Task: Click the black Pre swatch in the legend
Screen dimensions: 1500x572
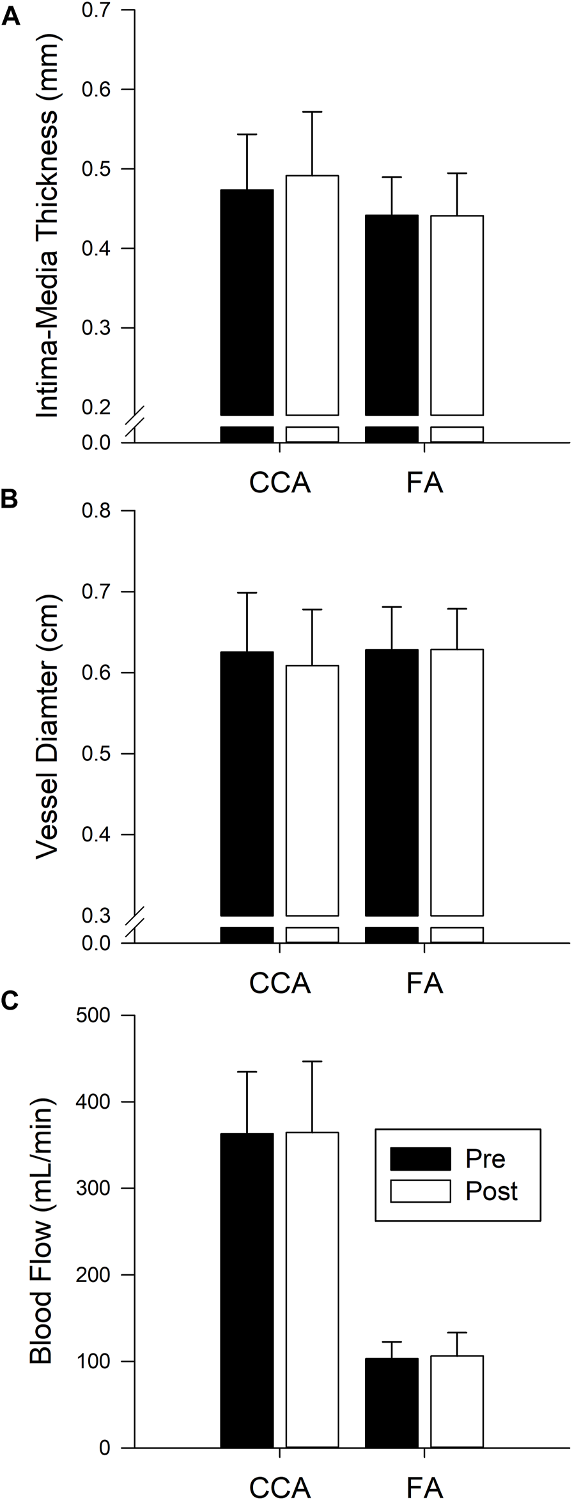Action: pos(420,1158)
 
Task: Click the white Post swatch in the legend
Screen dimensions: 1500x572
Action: pos(420,1191)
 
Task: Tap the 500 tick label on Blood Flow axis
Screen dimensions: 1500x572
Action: pos(95,1015)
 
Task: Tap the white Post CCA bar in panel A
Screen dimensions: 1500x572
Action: pos(312,294)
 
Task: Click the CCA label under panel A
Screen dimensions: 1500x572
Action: pos(280,483)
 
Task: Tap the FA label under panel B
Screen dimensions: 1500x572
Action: pos(424,983)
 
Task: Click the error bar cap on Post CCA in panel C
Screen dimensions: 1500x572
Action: pos(312,1061)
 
